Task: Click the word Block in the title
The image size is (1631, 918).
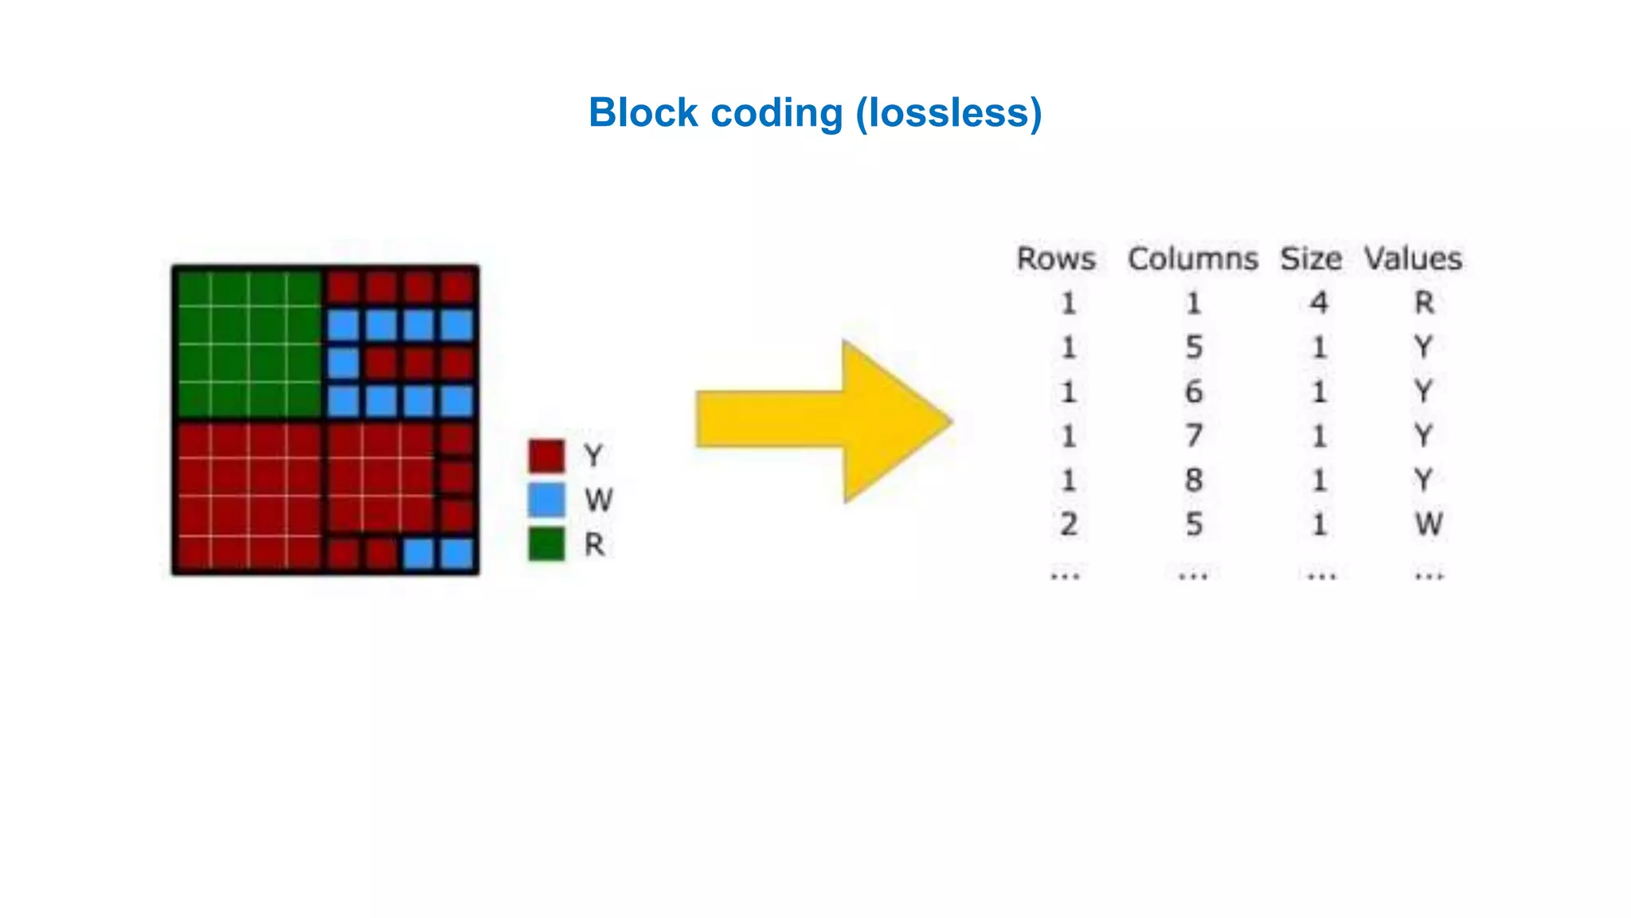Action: point(643,112)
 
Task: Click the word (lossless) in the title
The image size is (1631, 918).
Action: point(948,112)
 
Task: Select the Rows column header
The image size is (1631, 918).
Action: point(1056,259)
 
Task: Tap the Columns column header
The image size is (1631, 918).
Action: point(1192,259)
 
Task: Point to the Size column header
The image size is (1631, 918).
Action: point(1310,259)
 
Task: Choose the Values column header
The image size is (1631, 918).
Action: point(1413,259)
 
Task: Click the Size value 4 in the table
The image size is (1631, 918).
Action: point(1319,303)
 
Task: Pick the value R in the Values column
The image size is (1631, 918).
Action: point(1424,303)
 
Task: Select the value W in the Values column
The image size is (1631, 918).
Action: point(1428,524)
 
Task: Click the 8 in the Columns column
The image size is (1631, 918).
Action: point(1193,480)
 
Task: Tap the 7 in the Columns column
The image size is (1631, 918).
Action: point(1193,436)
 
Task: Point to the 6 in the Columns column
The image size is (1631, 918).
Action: point(1193,392)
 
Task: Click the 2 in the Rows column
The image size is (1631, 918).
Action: point(1069,524)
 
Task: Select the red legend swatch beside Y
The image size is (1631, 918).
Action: point(546,456)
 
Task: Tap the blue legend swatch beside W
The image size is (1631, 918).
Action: point(546,500)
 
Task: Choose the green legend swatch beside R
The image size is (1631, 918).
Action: point(546,544)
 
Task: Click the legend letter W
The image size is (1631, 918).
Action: point(598,500)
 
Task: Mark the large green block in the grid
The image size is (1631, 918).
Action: point(248,343)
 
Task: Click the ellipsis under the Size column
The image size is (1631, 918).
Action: point(1321,575)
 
